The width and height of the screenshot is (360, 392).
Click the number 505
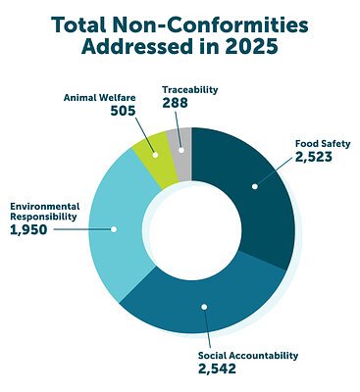click(x=122, y=112)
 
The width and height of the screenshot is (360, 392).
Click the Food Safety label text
click(x=323, y=143)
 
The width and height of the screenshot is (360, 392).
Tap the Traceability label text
click(x=190, y=89)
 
